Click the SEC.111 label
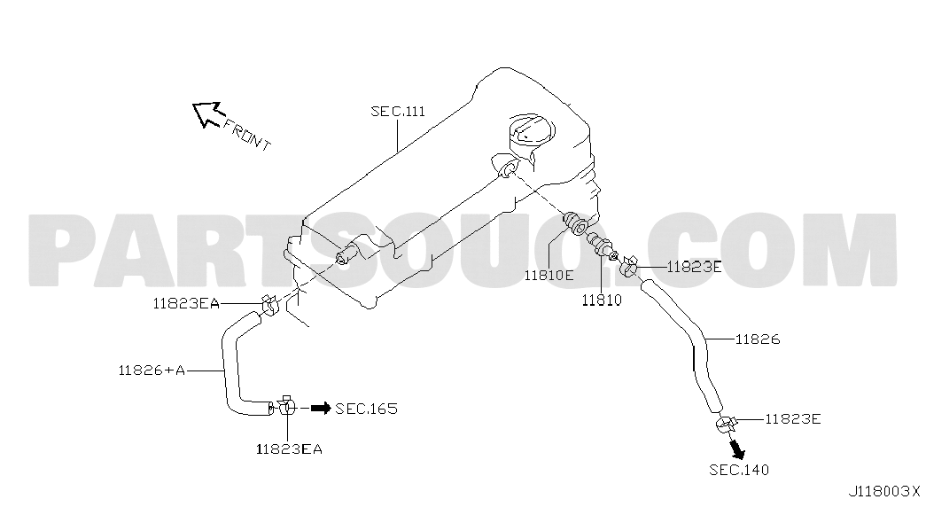tap(398, 111)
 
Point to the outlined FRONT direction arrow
tap(206, 113)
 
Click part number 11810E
tap(549, 275)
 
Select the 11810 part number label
tap(602, 300)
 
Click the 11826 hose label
tap(758, 339)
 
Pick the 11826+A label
tap(152, 370)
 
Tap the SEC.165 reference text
tap(366, 409)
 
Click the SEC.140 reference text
tap(739, 470)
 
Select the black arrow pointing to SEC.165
tap(321, 408)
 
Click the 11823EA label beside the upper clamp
tap(186, 304)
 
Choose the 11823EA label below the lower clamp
tap(289, 449)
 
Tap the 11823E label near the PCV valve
tap(694, 267)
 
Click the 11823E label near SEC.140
tap(793, 419)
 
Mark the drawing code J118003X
tap(884, 491)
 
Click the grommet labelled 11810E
tap(574, 222)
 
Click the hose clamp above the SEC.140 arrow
tap(725, 425)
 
